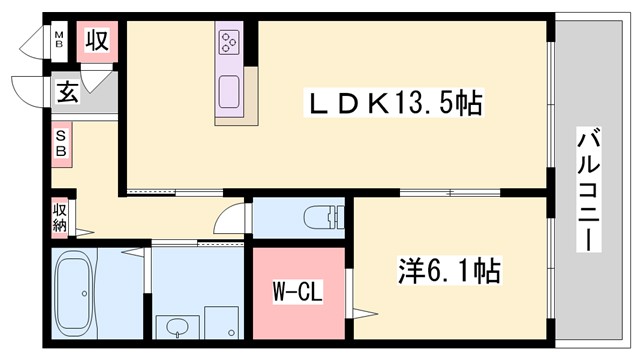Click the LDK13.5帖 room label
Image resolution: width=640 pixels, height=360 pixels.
(394, 102)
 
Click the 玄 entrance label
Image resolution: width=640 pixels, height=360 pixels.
(67, 94)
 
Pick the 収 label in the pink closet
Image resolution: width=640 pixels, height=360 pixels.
(97, 42)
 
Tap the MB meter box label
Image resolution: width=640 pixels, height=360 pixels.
(59, 42)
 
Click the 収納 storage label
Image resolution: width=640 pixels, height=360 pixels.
(60, 217)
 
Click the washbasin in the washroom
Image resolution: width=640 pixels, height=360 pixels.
(178, 327)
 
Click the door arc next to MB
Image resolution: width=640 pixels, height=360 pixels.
(36, 42)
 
